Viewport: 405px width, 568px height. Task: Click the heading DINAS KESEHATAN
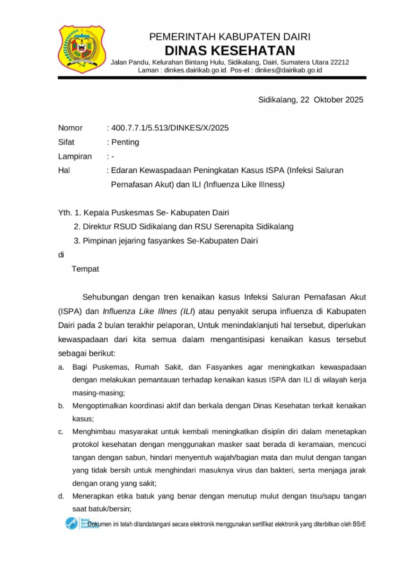pos(229,50)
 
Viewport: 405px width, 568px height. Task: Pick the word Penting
pos(125,142)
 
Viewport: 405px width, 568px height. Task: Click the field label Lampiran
pos(75,156)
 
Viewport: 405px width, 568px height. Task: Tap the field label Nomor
pos(70,128)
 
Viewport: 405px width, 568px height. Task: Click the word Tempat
pos(85,269)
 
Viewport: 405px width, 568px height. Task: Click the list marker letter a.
pos(61,367)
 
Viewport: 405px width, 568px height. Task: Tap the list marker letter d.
pos(61,497)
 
